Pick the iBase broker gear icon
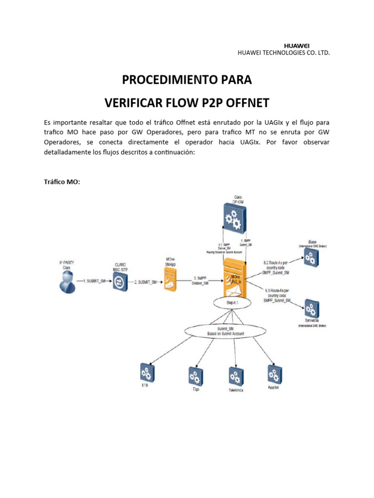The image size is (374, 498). pyautogui.click(x=310, y=257)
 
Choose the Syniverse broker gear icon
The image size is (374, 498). pyautogui.click(x=310, y=308)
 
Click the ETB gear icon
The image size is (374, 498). pyautogui.click(x=146, y=373)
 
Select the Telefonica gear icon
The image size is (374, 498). pyautogui.click(x=236, y=376)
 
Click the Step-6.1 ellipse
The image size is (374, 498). pyautogui.click(x=232, y=302)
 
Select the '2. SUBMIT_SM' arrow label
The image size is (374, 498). pyautogui.click(x=146, y=281)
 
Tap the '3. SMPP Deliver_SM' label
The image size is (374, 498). pyautogui.click(x=200, y=281)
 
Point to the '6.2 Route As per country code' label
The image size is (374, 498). pyautogui.click(x=277, y=267)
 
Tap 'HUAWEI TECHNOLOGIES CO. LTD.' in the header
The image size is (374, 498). pyautogui.click(x=283, y=53)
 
